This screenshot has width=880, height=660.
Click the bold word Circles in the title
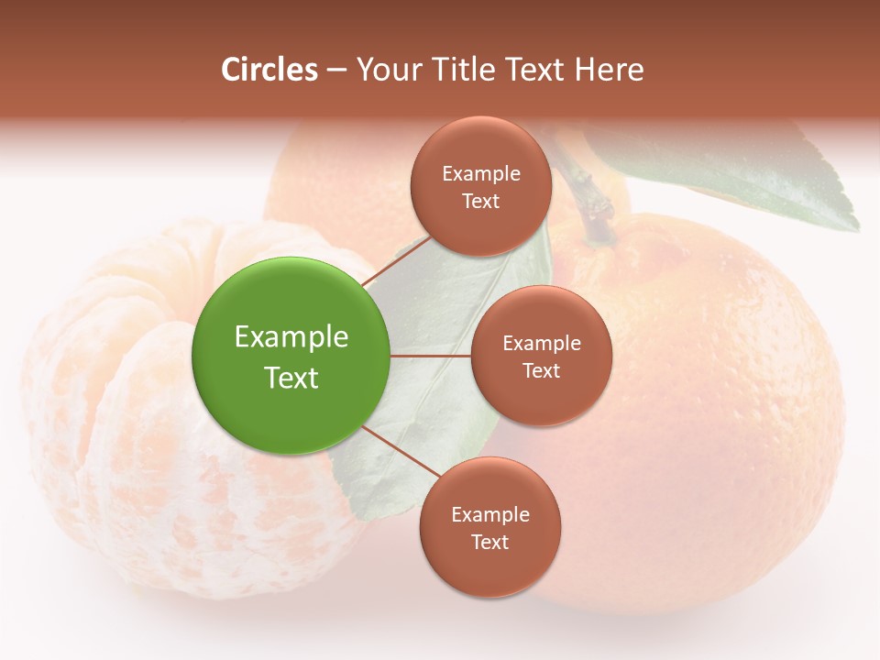pos(269,70)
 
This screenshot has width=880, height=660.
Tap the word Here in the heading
pos(609,70)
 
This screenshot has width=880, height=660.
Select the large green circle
pos(291,356)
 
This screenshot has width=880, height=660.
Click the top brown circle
pos(481,186)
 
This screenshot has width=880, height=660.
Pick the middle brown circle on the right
pos(541,356)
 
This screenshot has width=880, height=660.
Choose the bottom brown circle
pos(489,527)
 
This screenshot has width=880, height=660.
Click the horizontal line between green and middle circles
pos(430,356)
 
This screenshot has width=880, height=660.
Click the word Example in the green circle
pos(291,337)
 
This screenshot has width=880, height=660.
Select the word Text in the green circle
pos(291,378)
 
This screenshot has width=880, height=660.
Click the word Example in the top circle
pos(481,173)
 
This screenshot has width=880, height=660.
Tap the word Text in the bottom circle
pos(489,542)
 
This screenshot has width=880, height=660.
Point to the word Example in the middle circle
pos(541,343)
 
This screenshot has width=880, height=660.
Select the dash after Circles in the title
pos(336,71)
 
